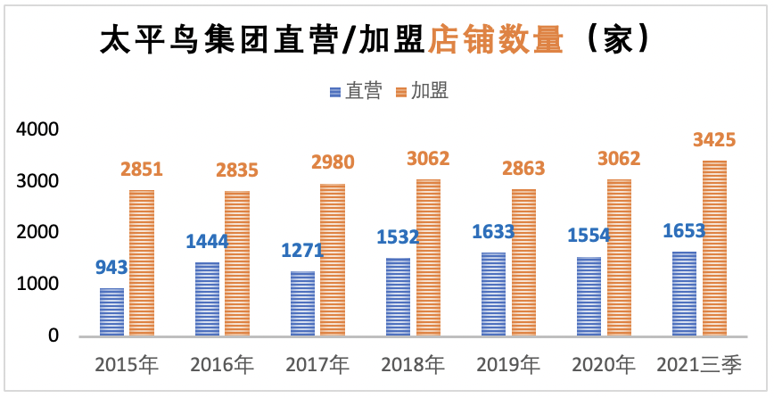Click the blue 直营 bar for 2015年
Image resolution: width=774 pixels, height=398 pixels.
point(111,311)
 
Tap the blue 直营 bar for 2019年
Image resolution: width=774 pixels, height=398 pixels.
point(493,294)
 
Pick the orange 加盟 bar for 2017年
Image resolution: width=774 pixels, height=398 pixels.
point(333,260)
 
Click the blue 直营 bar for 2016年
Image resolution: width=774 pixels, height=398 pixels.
point(207,299)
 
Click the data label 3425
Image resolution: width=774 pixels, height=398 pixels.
point(714,139)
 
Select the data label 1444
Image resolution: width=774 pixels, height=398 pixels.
point(208,241)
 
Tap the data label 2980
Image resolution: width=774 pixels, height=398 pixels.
point(333,162)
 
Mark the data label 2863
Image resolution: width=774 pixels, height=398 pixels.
point(523,169)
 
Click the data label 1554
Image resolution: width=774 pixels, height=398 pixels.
point(589,235)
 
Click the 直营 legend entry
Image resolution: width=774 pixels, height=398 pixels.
point(357,91)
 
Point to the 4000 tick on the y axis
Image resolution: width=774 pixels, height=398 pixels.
point(38,129)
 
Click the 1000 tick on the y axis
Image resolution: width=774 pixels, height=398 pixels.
point(38,284)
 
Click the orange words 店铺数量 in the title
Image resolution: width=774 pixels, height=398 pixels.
point(496,38)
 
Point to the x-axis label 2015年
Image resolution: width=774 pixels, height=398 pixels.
point(127,364)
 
